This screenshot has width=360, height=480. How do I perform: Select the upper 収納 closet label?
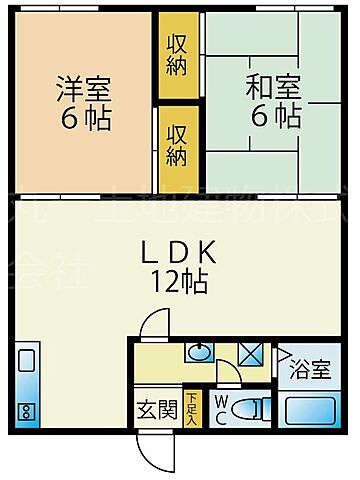[177, 52]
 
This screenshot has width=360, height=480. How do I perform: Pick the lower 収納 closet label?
[177, 145]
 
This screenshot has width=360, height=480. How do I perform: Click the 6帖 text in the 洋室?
[82, 119]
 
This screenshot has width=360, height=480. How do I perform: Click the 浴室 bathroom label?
[310, 369]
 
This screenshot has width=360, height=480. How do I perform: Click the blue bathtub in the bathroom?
[311, 410]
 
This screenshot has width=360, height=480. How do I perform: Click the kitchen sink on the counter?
[27, 363]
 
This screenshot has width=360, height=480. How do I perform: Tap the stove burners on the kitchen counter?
[27, 409]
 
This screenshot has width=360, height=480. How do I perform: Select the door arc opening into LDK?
[152, 325]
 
